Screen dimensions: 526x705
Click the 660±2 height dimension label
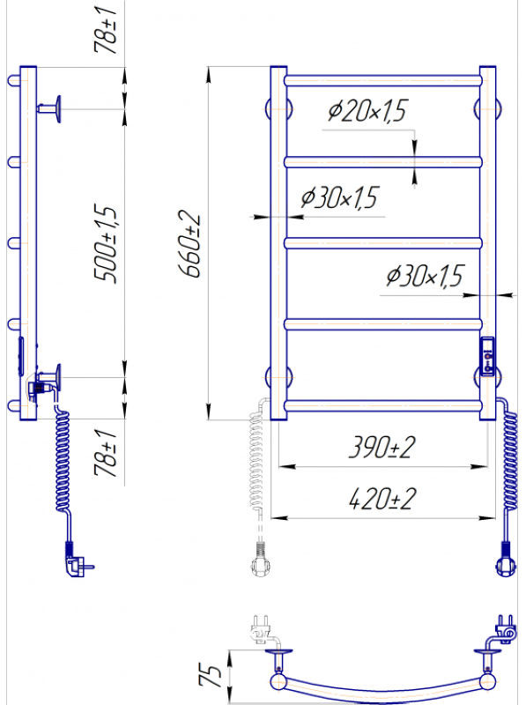pyautogui.click(x=190, y=244)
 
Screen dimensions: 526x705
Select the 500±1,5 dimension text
pyautogui.click(x=106, y=243)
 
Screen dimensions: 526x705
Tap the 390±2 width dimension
pyautogui.click(x=382, y=448)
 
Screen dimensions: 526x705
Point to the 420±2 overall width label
pyautogui.click(x=382, y=499)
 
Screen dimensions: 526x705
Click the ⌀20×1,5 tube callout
pyautogui.click(x=367, y=111)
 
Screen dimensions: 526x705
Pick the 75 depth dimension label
pyautogui.click(x=210, y=675)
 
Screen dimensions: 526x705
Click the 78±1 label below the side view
pyautogui.click(x=106, y=453)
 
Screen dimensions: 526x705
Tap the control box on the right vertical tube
pyautogui.click(x=487, y=356)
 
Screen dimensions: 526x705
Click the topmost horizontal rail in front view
pyautogui.click(x=383, y=81)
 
